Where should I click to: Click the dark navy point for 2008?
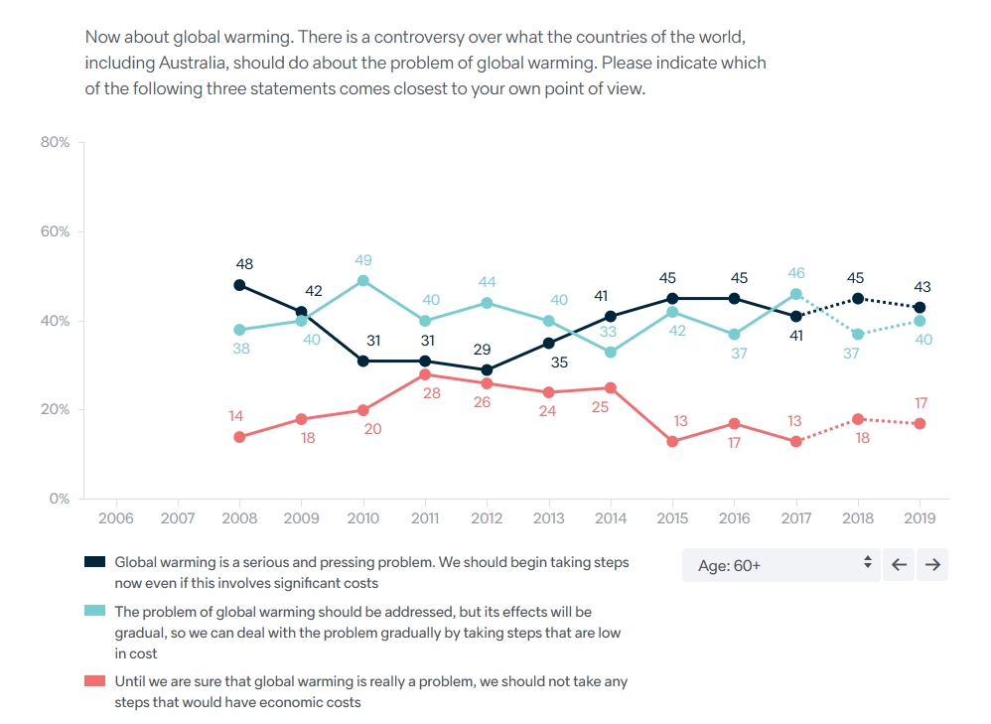pyautogui.click(x=239, y=285)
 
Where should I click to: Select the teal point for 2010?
pyautogui.click(x=363, y=281)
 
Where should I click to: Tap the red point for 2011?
pyautogui.click(x=425, y=374)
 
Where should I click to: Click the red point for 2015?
pyautogui.click(x=672, y=441)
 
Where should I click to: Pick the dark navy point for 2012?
pyautogui.click(x=487, y=369)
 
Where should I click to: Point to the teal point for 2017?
pyautogui.click(x=796, y=294)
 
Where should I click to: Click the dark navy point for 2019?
pyautogui.click(x=920, y=308)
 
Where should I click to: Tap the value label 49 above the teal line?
pyautogui.click(x=363, y=260)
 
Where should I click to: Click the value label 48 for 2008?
pyautogui.click(x=244, y=264)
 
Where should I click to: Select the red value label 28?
pyautogui.click(x=431, y=394)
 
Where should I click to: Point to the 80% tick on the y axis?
pyautogui.click(x=55, y=143)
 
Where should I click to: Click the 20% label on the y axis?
pyautogui.click(x=55, y=410)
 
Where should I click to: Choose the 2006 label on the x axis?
pyautogui.click(x=116, y=518)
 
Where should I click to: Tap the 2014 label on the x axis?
pyautogui.click(x=611, y=518)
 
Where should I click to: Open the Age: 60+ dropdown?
pyautogui.click(x=780, y=565)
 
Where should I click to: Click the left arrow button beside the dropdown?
pyautogui.click(x=899, y=565)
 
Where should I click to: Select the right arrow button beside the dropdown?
pyautogui.click(x=932, y=565)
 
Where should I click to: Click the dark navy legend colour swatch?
pyautogui.click(x=95, y=562)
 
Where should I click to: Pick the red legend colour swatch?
pyautogui.click(x=95, y=681)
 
